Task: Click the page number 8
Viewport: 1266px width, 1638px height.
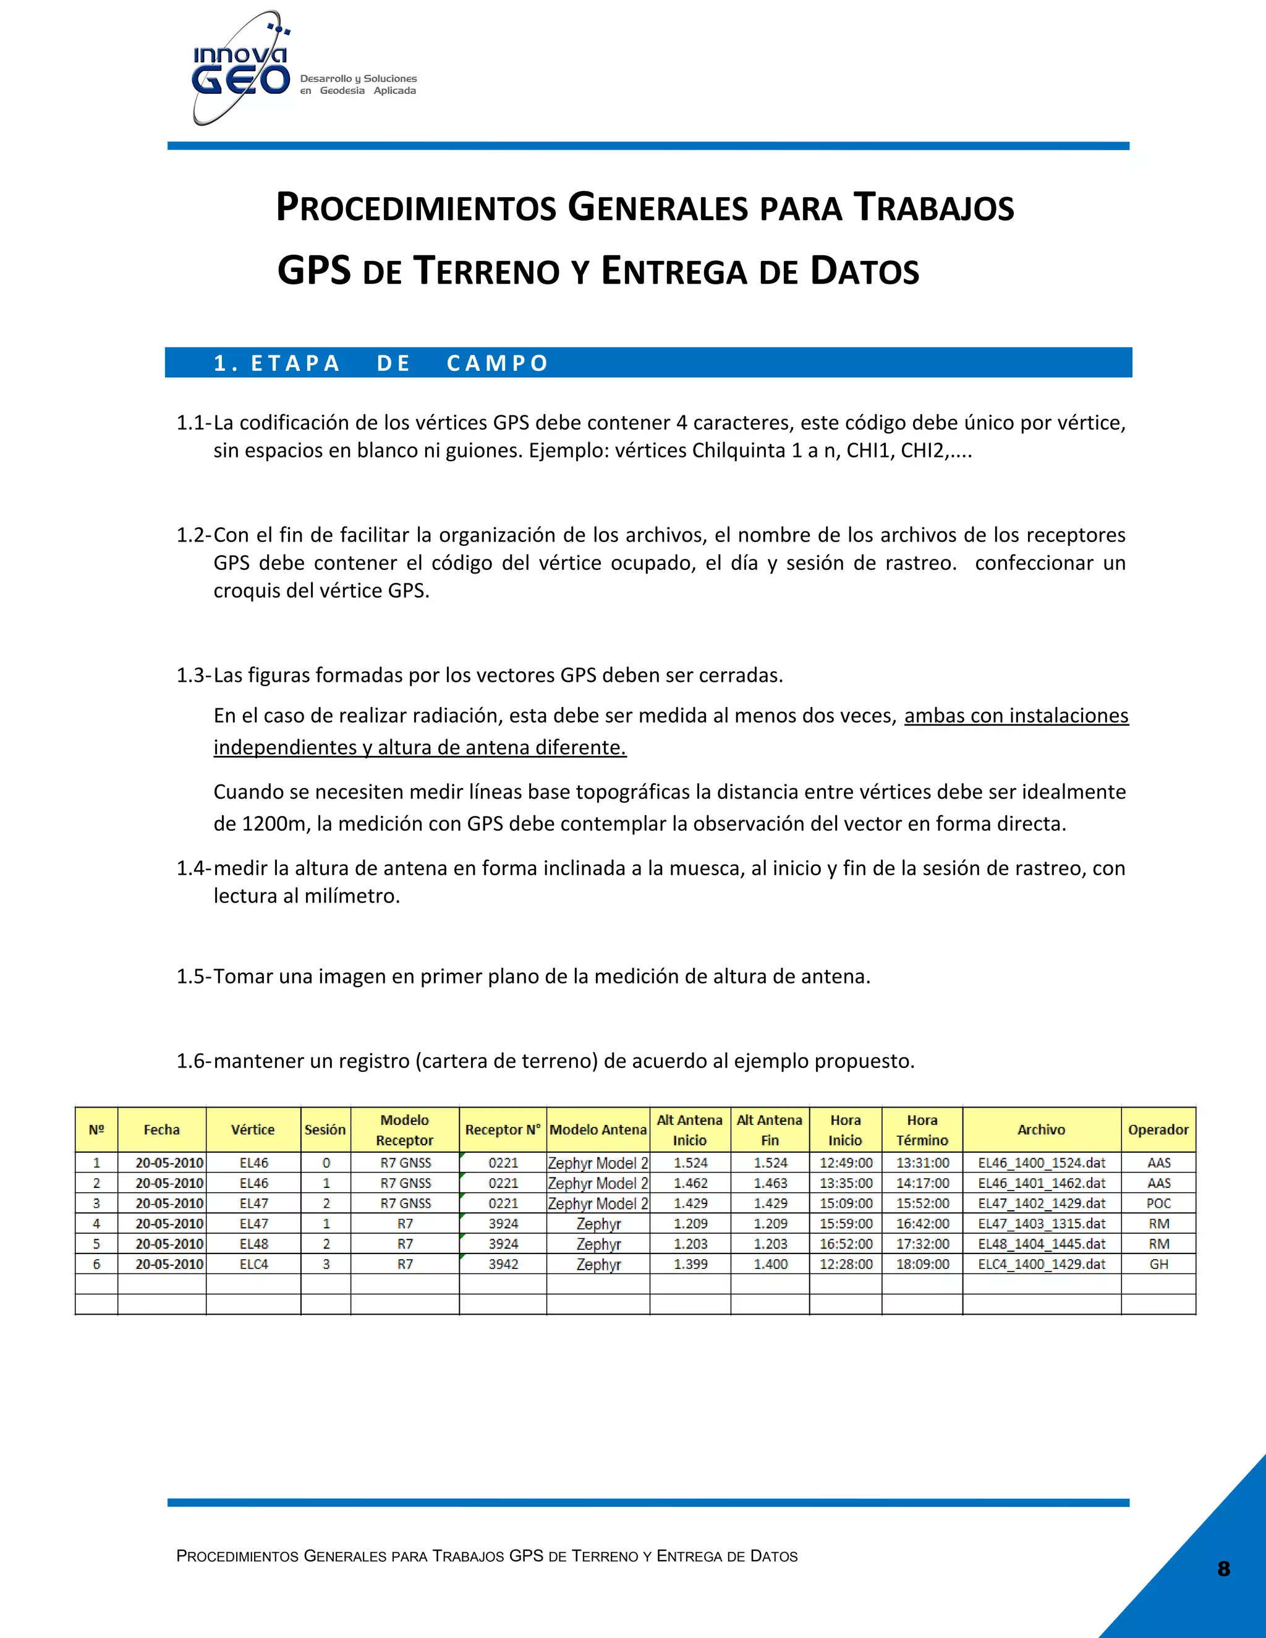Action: pos(1223,1569)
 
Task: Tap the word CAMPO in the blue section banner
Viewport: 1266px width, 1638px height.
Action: pos(497,363)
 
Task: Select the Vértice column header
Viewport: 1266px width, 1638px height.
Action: pos(253,1129)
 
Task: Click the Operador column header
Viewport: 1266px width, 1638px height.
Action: pos(1158,1129)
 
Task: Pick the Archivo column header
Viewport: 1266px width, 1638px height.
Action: pos(1041,1129)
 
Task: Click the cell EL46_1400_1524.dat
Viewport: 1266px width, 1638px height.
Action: pos(1041,1163)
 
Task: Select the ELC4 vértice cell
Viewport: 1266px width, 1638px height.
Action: pos(253,1265)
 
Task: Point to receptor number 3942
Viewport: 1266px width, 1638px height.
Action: pos(503,1265)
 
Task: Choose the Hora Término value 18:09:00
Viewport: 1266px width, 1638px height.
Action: pos(922,1265)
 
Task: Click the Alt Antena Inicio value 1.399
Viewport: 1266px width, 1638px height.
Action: pos(690,1265)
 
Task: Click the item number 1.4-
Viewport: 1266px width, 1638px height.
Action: pos(193,868)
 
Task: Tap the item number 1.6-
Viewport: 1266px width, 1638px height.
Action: pos(193,1061)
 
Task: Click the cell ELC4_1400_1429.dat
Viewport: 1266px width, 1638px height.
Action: pos(1041,1265)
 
